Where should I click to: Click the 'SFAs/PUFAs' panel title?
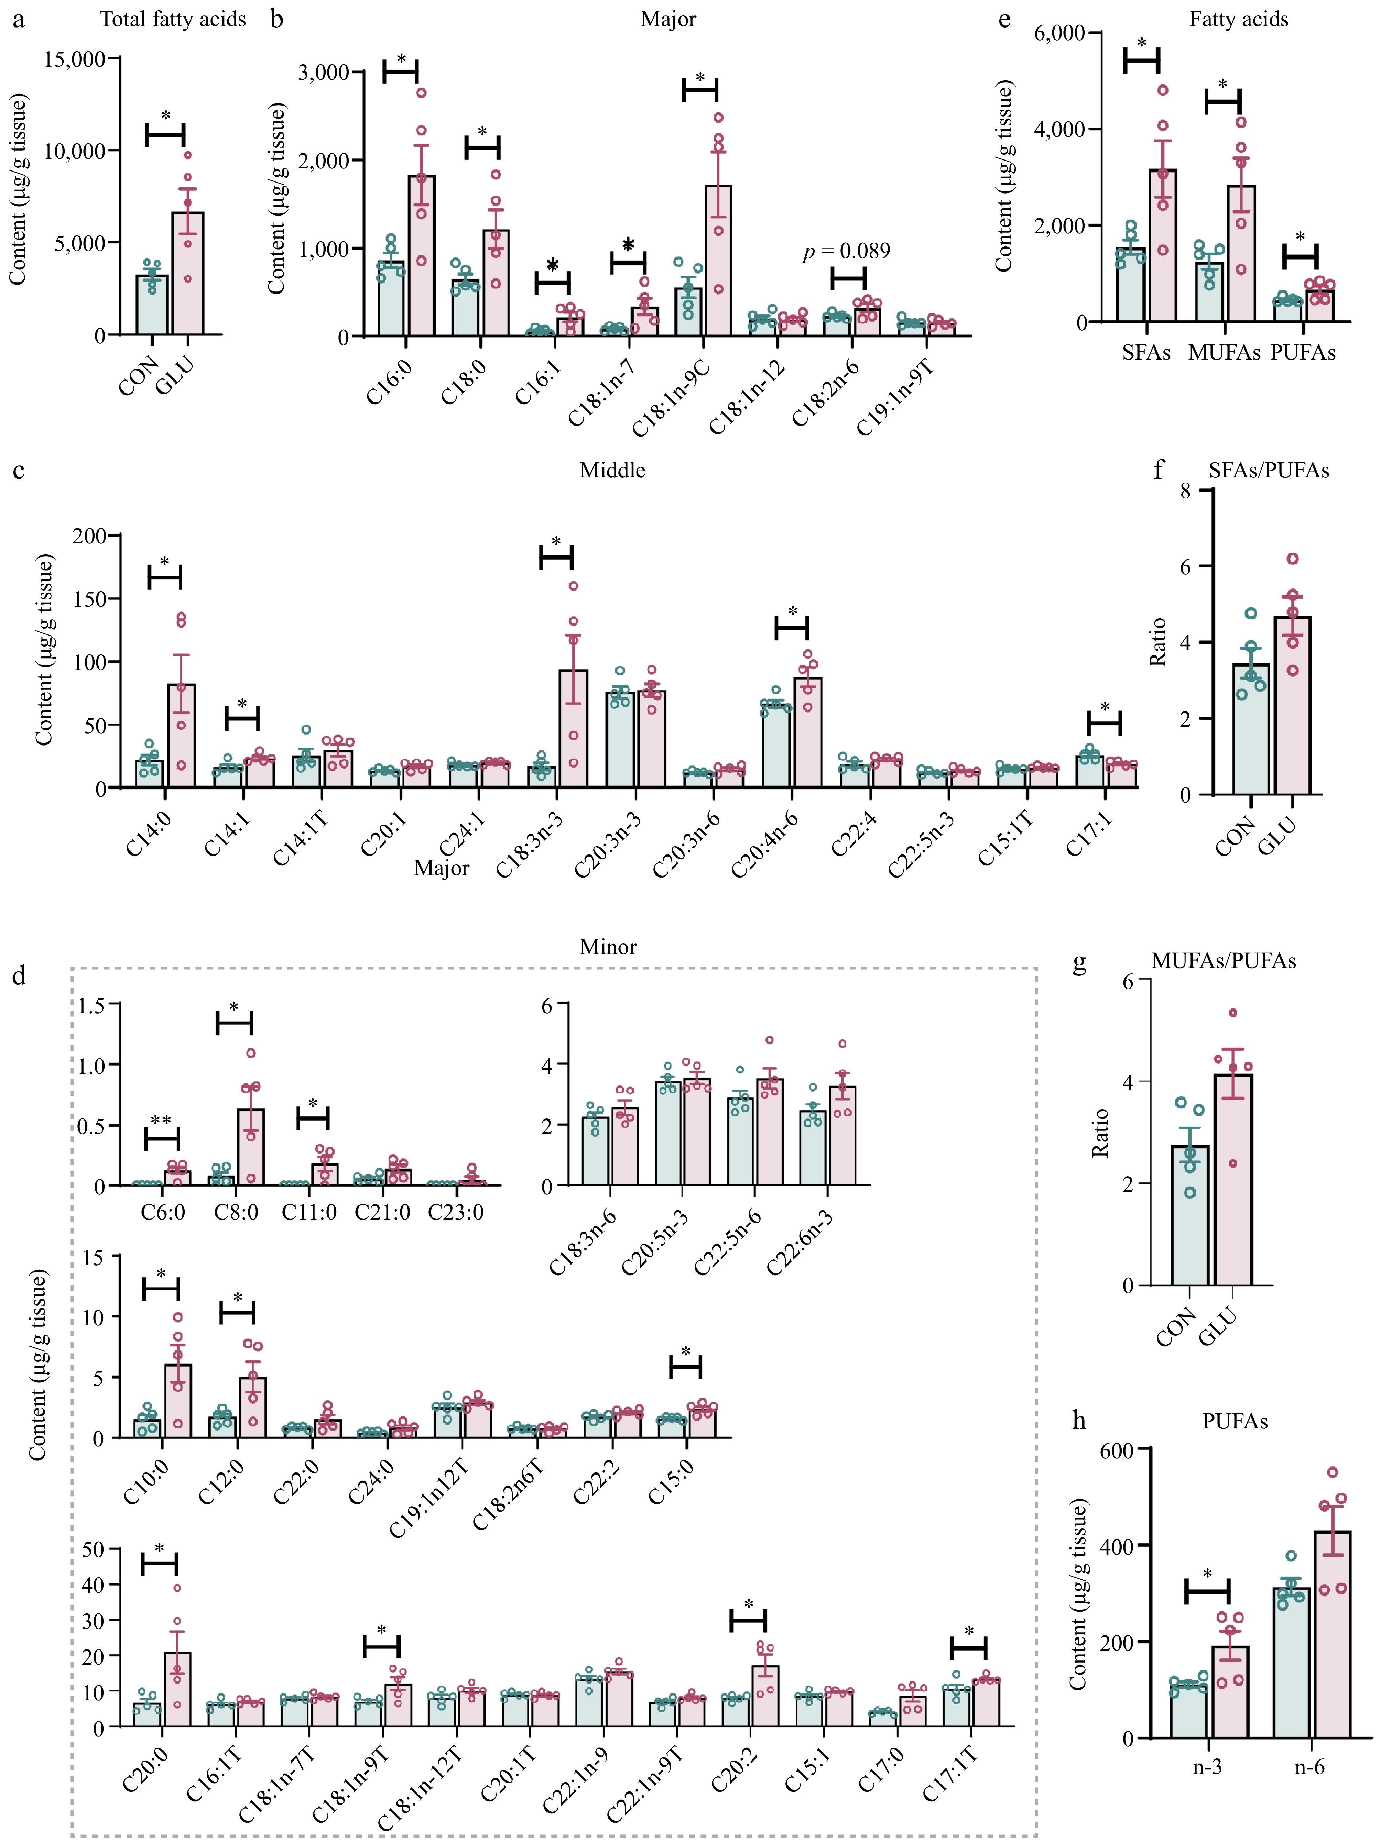[1269, 471]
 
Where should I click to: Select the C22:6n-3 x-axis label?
[800, 1241]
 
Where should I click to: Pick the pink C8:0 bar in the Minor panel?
[251, 1147]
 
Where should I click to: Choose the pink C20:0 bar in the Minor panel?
[177, 1689]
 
